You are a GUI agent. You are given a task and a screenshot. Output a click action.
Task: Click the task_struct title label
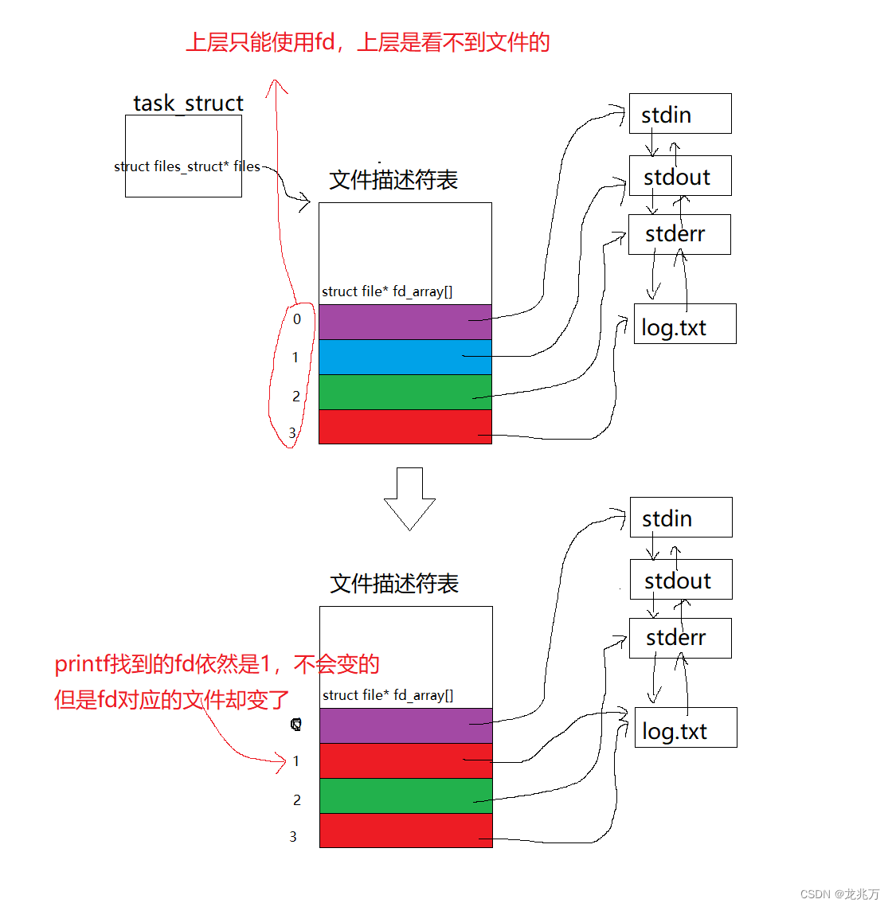[188, 104]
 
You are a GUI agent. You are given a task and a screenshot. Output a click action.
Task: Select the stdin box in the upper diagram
[679, 114]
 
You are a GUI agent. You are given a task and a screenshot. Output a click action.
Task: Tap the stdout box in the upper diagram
[679, 176]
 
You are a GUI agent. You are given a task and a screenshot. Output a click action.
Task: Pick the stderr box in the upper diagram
[679, 234]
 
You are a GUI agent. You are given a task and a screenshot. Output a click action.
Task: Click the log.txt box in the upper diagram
[684, 324]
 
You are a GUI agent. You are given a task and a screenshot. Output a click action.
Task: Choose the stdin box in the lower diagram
[680, 518]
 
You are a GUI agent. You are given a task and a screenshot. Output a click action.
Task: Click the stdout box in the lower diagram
[680, 580]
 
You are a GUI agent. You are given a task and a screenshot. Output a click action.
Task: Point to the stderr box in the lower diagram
[679, 638]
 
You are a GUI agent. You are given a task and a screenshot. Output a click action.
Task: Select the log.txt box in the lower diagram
[685, 728]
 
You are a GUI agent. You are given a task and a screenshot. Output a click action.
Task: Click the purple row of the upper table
[405, 322]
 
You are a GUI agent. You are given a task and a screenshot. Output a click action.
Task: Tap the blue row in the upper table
[405, 357]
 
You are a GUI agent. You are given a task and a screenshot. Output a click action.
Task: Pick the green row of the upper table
[405, 392]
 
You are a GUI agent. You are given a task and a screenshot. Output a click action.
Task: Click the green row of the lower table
[405, 796]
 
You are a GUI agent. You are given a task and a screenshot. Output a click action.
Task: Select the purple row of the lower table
[405, 725]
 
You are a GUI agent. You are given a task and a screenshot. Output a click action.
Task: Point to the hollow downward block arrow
[409, 498]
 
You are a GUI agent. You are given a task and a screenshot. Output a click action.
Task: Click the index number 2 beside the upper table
[296, 396]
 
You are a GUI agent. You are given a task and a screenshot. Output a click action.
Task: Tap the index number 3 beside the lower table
[293, 836]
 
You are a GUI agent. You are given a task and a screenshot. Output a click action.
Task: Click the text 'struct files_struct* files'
[186, 166]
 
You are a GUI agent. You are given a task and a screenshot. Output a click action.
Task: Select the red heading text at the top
[367, 42]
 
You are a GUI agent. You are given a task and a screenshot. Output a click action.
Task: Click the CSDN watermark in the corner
[839, 894]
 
